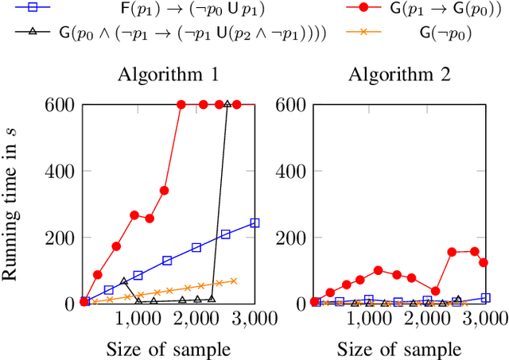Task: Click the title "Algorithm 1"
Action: (x=169, y=76)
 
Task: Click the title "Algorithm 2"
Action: (x=400, y=76)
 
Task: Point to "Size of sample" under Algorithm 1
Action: (x=169, y=347)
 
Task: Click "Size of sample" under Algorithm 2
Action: (x=399, y=347)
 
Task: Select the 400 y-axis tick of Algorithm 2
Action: (x=292, y=171)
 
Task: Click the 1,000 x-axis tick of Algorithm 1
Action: (x=138, y=319)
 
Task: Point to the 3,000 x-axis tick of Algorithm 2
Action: (x=485, y=319)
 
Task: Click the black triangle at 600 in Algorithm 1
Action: (x=227, y=104)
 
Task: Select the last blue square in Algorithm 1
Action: (x=254, y=223)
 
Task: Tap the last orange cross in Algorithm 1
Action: (x=234, y=281)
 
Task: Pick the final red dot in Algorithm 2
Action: (x=483, y=262)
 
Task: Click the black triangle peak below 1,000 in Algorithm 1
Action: (x=123, y=281)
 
